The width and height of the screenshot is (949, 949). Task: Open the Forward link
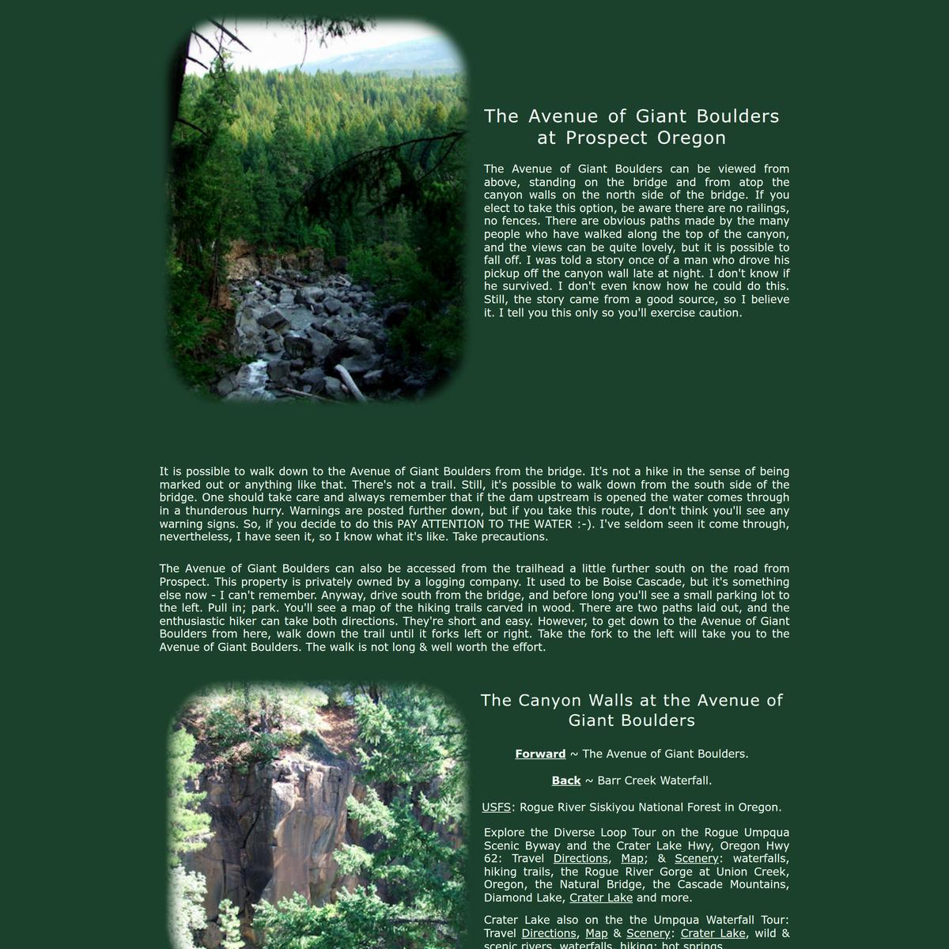tap(540, 754)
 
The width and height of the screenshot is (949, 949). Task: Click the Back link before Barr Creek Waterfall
tap(566, 781)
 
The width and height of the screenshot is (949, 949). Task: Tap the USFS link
tap(497, 807)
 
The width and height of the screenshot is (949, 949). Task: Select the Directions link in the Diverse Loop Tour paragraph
tap(580, 859)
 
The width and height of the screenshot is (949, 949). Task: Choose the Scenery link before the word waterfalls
tap(696, 859)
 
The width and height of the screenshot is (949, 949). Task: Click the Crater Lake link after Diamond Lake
tap(601, 898)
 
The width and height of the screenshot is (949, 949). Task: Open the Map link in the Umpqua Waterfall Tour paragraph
tap(596, 933)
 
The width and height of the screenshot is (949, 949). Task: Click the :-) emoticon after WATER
tap(586, 524)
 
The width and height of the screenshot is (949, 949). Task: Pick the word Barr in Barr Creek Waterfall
tap(613, 781)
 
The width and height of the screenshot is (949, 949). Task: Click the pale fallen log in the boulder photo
tap(350, 381)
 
